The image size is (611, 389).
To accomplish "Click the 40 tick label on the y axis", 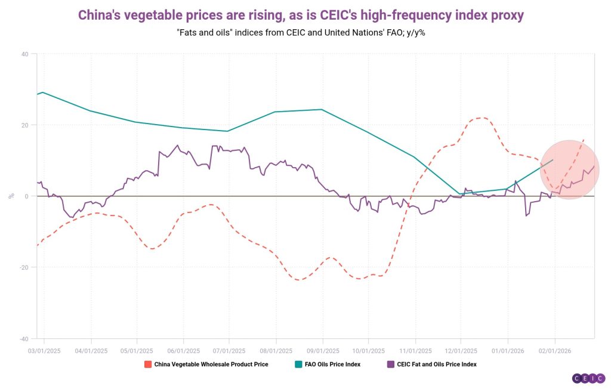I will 25,54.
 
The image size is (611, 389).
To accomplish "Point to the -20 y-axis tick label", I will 24,267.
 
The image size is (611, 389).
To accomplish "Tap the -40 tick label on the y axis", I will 24,338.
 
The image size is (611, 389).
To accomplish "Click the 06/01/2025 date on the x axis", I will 183,351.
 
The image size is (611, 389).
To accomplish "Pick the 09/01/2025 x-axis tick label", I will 323,351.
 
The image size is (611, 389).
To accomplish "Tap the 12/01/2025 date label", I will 461,351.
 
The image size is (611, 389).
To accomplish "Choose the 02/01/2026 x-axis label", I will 554,351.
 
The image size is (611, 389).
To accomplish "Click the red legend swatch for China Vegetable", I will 147,364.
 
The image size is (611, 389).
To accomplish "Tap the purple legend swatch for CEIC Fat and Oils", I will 390,364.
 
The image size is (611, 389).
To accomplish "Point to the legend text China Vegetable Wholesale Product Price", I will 211,364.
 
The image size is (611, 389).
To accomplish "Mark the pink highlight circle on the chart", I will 569,169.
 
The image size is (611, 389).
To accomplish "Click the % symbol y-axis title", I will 11,196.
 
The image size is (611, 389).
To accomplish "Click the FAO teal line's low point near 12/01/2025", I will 459,193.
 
